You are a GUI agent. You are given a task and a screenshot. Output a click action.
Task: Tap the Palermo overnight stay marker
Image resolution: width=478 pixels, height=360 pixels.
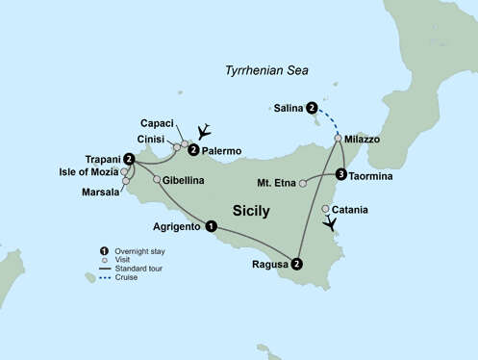pos(194,150)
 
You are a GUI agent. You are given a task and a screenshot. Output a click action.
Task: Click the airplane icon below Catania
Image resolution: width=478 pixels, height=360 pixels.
pos(332,224)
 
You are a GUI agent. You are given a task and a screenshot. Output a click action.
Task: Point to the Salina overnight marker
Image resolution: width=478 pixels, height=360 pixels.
pos(312,109)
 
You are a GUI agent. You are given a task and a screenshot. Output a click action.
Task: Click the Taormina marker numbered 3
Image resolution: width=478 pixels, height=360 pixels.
pos(341,175)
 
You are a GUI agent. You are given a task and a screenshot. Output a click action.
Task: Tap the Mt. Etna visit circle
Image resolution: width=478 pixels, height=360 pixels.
pos(303,182)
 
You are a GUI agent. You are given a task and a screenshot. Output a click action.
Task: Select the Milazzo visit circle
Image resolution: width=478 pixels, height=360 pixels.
pos(338,139)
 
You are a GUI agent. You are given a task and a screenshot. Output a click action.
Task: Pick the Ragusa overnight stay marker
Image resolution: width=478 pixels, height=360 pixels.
pos(297,264)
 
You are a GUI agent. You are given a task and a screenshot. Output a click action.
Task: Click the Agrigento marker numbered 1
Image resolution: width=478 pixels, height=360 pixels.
pos(212,227)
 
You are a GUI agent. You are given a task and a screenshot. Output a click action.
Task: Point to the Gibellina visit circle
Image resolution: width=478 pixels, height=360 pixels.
pos(157,179)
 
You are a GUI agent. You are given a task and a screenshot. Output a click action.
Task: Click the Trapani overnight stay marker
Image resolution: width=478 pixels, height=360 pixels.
pos(128,159)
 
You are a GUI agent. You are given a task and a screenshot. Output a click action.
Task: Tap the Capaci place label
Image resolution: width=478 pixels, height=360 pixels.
pos(157,123)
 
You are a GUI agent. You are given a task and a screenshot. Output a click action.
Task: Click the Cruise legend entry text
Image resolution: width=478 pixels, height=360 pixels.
pos(125,277)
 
